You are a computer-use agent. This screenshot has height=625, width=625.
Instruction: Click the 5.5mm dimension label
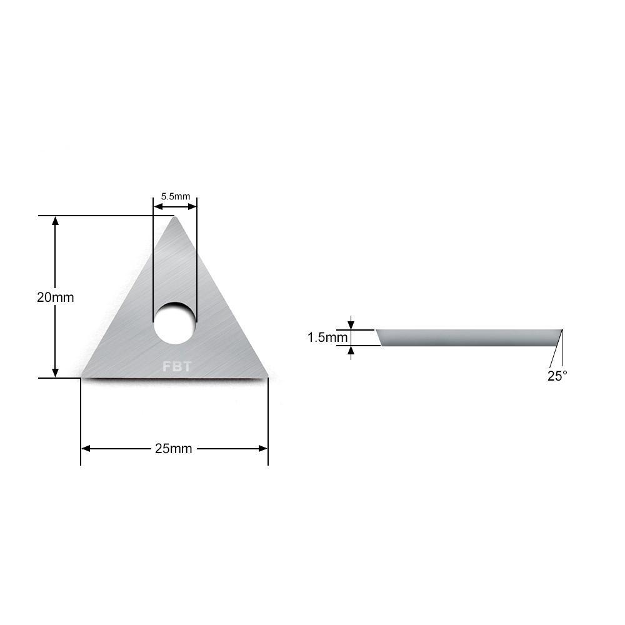(x=175, y=196)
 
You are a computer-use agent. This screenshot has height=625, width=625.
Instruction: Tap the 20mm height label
(x=55, y=297)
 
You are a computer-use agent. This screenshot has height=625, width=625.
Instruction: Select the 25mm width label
(x=173, y=449)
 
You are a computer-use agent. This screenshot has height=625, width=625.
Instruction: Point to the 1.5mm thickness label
(x=327, y=337)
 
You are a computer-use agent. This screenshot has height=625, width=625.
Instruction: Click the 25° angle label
(x=557, y=376)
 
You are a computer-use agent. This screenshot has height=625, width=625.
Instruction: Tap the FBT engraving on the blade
(x=176, y=367)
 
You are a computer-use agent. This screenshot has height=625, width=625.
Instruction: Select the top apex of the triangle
(x=175, y=218)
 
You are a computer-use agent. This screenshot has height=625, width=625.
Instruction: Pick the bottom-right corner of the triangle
(x=267, y=376)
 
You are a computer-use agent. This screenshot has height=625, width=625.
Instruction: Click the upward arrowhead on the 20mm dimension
(x=56, y=221)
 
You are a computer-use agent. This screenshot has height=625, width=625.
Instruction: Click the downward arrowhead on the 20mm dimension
(x=56, y=372)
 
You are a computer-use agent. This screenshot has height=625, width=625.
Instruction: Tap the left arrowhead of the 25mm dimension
(x=86, y=449)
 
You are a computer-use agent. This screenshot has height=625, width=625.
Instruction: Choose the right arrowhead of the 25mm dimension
(x=263, y=449)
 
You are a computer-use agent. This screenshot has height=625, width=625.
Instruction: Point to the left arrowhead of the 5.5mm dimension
(x=157, y=204)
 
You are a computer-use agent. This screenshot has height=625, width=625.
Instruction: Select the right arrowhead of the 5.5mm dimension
(x=192, y=204)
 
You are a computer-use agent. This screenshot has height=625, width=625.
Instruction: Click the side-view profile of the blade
(x=469, y=337)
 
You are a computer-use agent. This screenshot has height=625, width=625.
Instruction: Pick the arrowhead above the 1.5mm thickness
(x=351, y=325)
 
